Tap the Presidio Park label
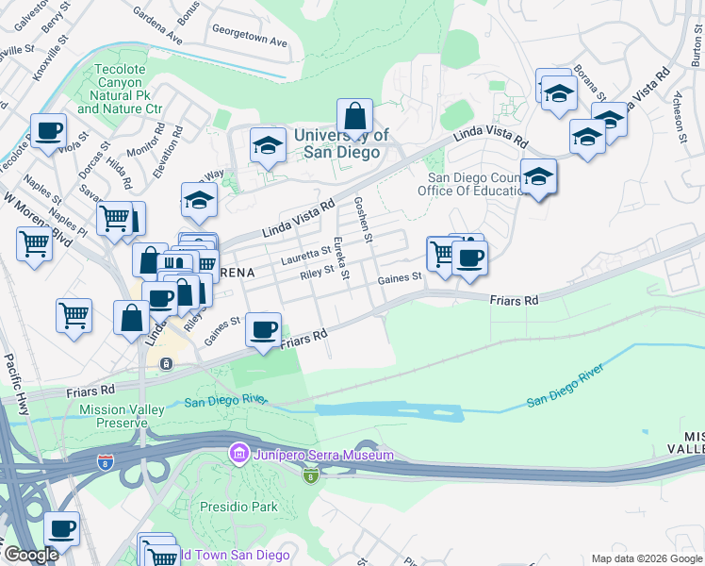coord(238,507)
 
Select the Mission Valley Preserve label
coord(122,416)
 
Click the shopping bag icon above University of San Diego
coord(354,118)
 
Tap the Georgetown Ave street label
coord(250,42)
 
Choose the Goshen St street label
coord(364,217)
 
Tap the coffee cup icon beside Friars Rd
coord(263,330)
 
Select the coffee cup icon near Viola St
coord(48,131)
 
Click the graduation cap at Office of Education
coord(538,176)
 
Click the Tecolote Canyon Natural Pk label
coord(121,89)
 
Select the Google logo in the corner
coord(31,555)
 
